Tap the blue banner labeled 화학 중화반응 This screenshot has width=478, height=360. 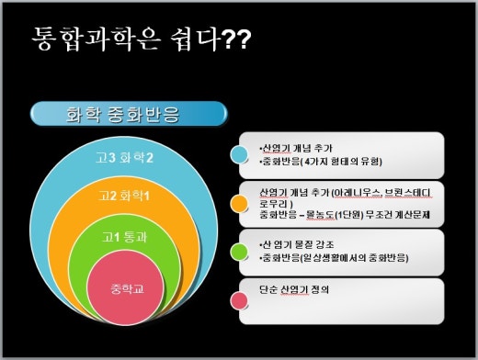129,114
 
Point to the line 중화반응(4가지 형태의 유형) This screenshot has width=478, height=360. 313,161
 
